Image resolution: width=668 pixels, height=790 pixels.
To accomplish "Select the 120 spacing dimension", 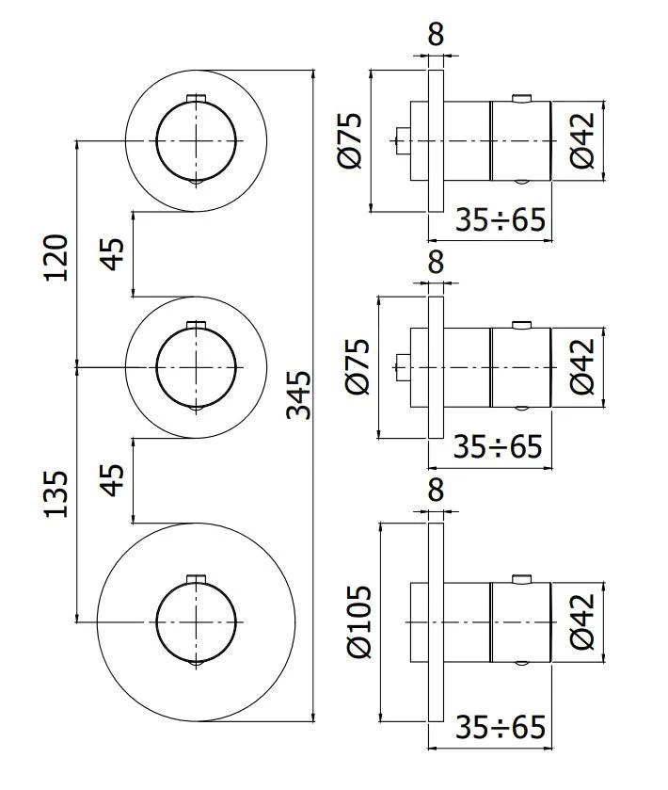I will [56, 255].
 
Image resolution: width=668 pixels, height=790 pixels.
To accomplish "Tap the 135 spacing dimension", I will [56, 493].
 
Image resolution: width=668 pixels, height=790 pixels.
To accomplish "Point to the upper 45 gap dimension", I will [113, 254].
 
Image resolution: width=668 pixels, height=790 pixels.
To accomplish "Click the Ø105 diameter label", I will [359, 621].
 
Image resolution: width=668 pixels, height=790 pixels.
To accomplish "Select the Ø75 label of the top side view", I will [350, 141].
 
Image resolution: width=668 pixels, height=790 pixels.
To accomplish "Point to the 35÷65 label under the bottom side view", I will [500, 727].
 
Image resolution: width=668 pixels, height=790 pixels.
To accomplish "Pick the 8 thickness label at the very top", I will [435, 35].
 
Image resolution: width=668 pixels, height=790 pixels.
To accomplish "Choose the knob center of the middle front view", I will [195, 366].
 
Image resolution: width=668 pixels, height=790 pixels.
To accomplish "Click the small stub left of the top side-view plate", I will [401, 141].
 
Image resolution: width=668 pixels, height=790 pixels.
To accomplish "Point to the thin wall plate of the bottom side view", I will [435, 621].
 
